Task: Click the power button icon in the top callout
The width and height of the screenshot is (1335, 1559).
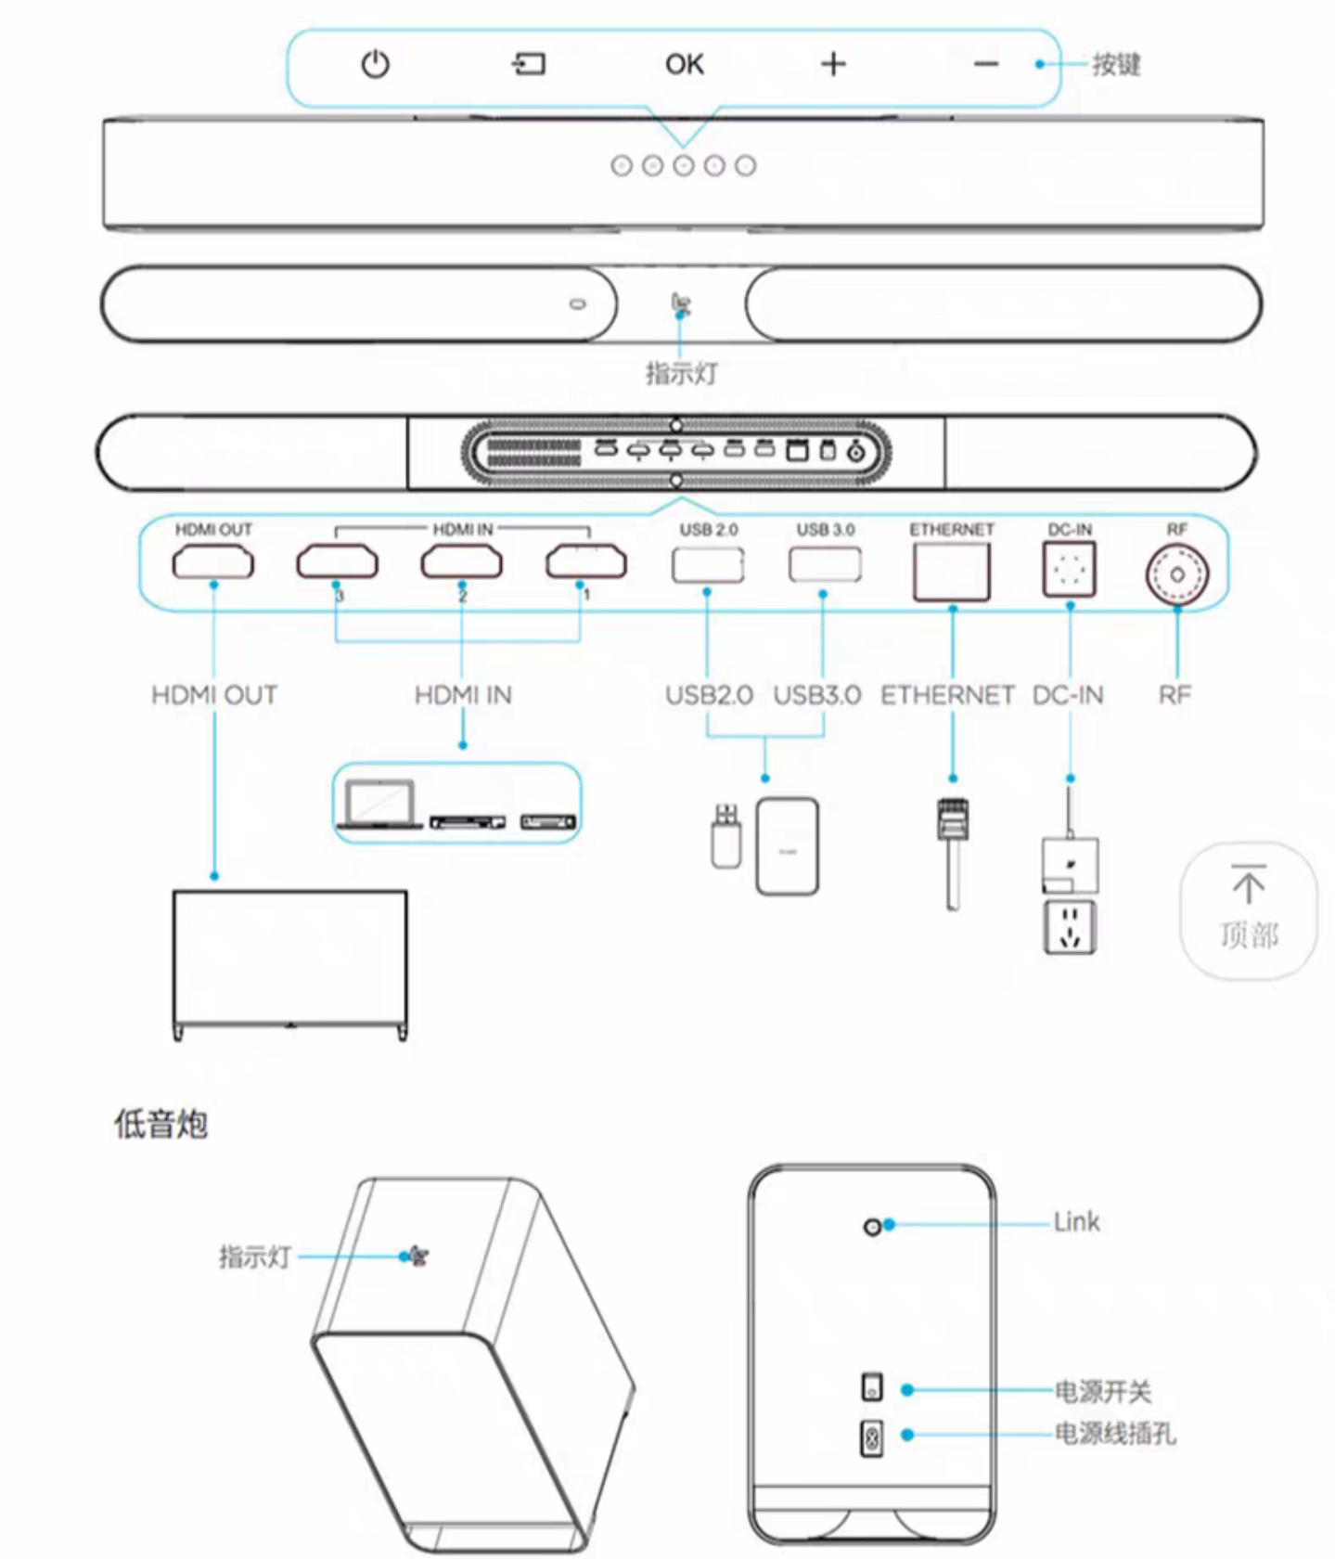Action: point(375,64)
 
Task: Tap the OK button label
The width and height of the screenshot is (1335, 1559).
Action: point(685,64)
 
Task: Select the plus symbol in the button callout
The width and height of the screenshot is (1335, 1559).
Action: point(833,64)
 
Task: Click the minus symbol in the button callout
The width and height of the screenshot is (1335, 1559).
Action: point(985,64)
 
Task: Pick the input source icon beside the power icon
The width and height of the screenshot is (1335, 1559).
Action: point(529,64)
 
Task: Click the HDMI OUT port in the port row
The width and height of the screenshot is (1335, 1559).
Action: point(212,562)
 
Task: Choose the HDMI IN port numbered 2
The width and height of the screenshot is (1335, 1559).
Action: point(461,562)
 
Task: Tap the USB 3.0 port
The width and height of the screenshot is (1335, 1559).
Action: point(825,564)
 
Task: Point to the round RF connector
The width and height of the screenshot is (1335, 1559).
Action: point(1176,574)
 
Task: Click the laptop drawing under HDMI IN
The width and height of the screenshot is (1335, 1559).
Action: point(379,803)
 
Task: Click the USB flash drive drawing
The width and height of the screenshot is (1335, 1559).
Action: point(726,836)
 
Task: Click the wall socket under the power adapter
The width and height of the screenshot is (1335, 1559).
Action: point(1070,926)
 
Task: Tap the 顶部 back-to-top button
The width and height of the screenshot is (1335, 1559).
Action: point(1249,910)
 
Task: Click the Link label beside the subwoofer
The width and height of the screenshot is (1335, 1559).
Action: point(1076,1222)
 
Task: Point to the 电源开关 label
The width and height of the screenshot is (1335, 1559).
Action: point(1103,1391)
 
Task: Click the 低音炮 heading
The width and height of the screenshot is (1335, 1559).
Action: point(160,1124)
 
